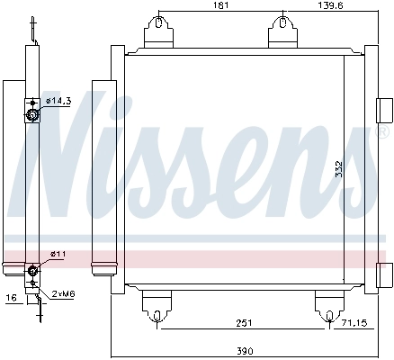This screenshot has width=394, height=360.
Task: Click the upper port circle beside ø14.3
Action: click(x=32, y=114)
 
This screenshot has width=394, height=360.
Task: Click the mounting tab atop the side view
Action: click(x=34, y=27)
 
